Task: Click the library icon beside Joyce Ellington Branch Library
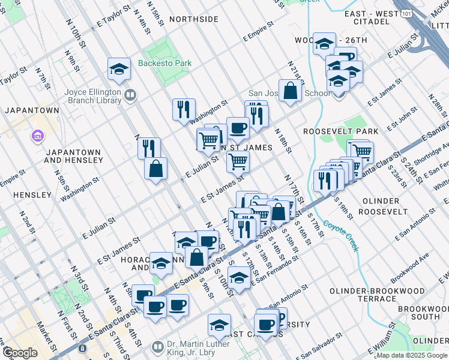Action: (x=130, y=94)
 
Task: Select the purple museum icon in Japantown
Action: (x=38, y=137)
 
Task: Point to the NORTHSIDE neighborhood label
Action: (x=193, y=19)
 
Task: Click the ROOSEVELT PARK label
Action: (x=340, y=131)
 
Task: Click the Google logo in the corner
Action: (x=19, y=353)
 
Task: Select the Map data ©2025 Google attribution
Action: (x=412, y=355)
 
